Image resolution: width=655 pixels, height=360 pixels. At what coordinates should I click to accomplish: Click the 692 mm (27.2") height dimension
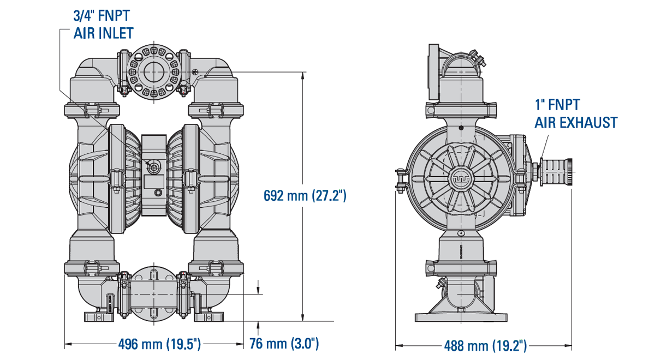pos(305,196)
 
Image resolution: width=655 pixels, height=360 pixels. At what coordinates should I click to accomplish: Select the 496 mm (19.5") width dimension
pos(159,344)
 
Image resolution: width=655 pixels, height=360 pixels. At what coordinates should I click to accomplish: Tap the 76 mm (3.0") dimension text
pos(284,344)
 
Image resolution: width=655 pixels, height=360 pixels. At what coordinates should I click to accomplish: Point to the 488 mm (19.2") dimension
pos(485,346)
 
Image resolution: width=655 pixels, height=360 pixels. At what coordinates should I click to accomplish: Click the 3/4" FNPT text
pos(102,15)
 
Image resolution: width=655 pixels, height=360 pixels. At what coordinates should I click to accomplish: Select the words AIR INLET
pos(104,33)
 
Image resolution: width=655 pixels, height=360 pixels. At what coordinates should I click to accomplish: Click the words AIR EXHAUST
pos(576,122)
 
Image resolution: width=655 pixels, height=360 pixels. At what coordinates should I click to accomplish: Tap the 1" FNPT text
pos(557,105)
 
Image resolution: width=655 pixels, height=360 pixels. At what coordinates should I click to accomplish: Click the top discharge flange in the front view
pos(154,72)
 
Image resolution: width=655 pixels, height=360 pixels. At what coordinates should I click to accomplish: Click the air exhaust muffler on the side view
pos(556,172)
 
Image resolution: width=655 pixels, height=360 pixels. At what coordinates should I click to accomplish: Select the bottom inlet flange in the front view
pos(154,296)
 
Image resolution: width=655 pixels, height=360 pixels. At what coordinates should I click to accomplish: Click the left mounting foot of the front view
pos(98,317)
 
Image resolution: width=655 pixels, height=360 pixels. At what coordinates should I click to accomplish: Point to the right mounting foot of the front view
pos(209,317)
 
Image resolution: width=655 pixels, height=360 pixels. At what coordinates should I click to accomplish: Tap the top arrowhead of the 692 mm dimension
pos(302,75)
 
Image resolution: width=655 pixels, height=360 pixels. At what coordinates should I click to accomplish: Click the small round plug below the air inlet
pos(158,193)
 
